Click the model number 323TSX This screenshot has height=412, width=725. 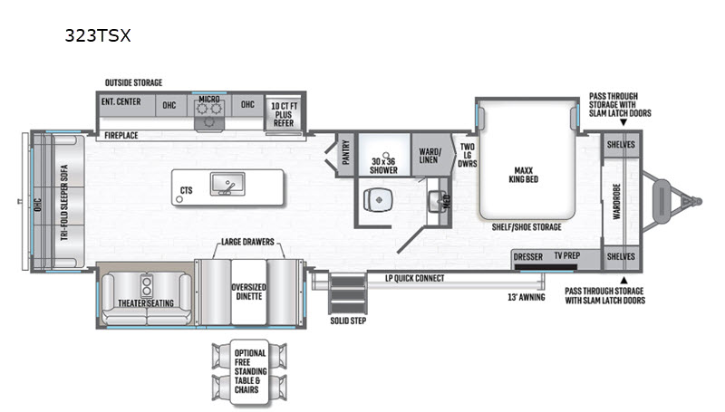coord(98,35)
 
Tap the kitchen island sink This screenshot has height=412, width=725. coord(227,184)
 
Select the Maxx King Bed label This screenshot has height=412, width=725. coord(524,175)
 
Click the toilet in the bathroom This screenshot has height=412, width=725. coord(378,200)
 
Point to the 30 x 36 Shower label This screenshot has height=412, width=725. coord(383,166)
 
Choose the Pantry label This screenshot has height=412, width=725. coord(346,152)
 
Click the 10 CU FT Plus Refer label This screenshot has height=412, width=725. coord(284,114)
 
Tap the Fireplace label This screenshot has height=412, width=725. coord(121,135)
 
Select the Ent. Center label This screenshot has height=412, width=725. coord(121,101)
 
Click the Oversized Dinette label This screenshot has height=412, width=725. coord(248,292)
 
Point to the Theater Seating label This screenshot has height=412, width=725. coord(146,303)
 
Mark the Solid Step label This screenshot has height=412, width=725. coord(348,321)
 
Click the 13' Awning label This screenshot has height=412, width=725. coord(527,297)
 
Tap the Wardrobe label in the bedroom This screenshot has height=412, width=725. coord(616,201)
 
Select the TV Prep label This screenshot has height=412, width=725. coord(567,255)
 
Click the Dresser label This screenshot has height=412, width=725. coord(528,257)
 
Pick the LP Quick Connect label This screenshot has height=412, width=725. coord(415,278)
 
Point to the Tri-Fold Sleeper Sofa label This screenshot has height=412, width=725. coord(64,202)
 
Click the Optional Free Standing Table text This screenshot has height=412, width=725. coord(250,367)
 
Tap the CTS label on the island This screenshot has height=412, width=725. coord(187,190)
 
